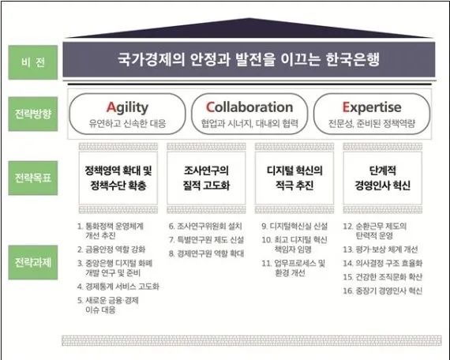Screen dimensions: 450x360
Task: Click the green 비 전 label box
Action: coord(32,62)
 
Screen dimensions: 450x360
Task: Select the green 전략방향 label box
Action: coord(32,114)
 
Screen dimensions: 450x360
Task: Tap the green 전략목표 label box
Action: coord(32,178)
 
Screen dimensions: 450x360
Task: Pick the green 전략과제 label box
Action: coord(32,262)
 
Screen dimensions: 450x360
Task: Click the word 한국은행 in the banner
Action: coord(353,59)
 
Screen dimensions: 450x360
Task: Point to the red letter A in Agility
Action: coord(111,107)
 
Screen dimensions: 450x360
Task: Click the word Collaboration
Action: coord(249,107)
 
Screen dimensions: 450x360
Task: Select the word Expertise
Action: coord(372,107)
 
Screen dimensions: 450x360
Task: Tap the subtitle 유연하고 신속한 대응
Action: coord(127,124)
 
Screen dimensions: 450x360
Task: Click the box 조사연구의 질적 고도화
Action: coord(206,178)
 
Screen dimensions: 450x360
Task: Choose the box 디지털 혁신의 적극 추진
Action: coord(294,178)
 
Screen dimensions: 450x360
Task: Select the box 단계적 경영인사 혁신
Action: coord(383,178)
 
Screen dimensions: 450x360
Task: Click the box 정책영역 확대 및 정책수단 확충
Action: coord(118,178)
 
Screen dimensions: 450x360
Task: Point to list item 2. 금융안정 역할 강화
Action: coord(111,249)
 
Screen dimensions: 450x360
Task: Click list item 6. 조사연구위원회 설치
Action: coord(205,227)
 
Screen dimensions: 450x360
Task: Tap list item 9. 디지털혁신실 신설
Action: coord(294,227)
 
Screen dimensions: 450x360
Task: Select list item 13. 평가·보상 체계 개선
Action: coord(381,249)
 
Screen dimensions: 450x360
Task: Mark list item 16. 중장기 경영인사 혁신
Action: coord(383,291)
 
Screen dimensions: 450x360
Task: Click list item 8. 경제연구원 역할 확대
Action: coord(206,253)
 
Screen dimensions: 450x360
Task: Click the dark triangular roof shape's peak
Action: coord(249,18)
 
